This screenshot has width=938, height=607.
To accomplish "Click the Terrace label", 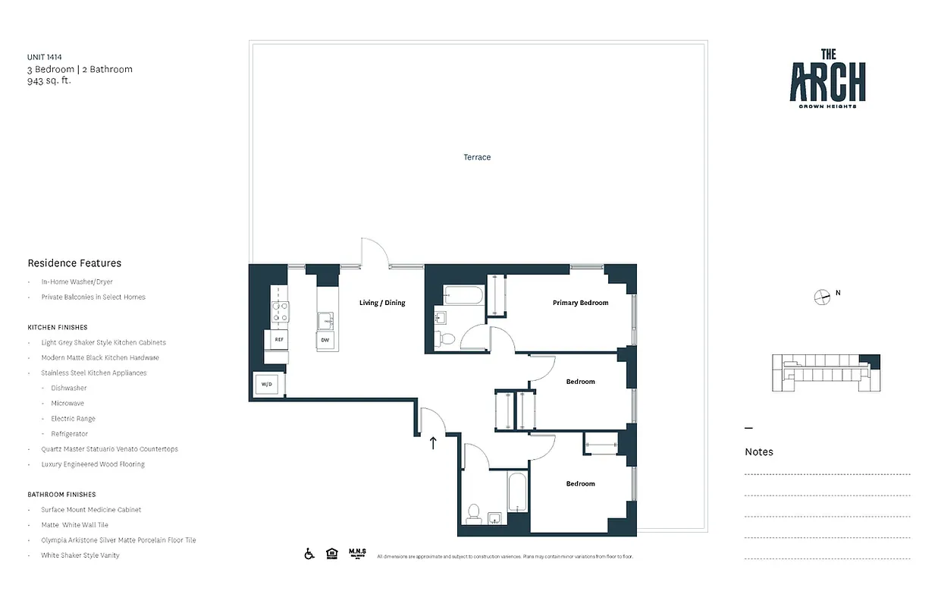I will click(477, 157).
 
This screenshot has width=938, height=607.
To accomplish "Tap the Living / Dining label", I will click(382, 303).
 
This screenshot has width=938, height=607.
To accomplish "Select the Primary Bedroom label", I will click(580, 303).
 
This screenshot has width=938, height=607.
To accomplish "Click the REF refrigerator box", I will click(279, 339).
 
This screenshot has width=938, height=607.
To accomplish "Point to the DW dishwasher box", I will click(325, 340).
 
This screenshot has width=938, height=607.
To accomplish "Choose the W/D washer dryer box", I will click(267, 385).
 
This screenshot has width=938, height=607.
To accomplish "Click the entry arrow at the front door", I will click(433, 442).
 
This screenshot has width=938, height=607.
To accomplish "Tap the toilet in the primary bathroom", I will click(447, 339).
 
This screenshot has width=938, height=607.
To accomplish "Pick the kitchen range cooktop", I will click(281, 311).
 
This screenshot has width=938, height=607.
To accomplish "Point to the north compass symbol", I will click(821, 297).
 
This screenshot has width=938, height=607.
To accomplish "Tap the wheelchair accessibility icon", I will click(309, 554).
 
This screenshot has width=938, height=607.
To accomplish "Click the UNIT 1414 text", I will click(45, 57).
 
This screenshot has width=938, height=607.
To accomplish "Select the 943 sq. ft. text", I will click(49, 80).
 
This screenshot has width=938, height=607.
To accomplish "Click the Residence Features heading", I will click(74, 263).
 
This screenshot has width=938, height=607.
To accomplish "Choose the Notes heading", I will click(759, 451).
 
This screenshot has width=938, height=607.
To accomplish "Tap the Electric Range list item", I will click(73, 419).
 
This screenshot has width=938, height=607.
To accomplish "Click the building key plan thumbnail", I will click(826, 373).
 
